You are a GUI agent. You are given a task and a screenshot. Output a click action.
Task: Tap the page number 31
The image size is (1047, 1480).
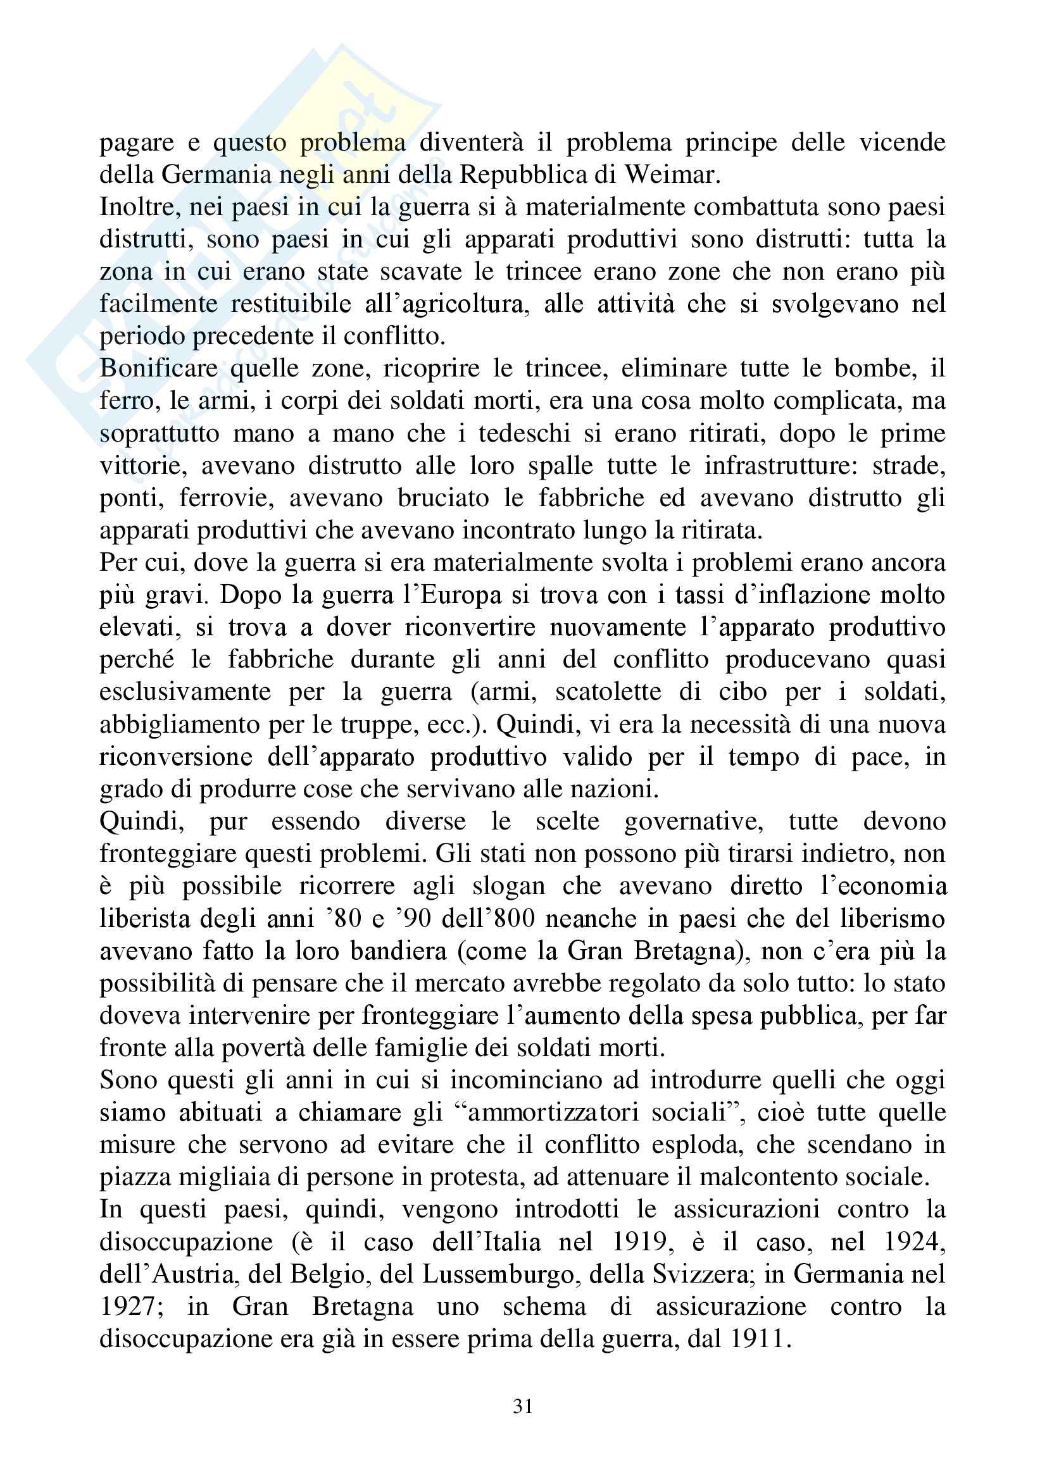[523, 1406]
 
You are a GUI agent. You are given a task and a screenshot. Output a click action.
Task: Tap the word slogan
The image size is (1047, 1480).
[510, 886]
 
